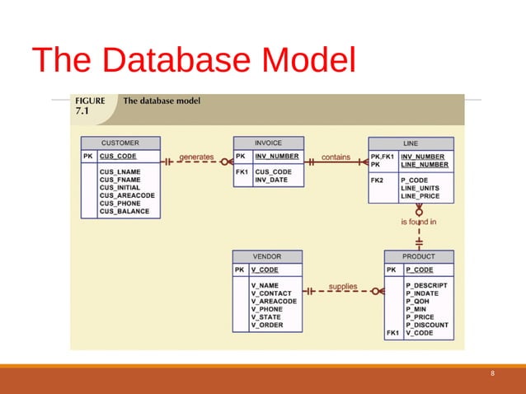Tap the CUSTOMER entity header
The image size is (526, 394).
click(x=120, y=143)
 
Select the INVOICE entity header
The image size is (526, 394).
click(x=268, y=143)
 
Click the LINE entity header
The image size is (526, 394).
click(x=410, y=143)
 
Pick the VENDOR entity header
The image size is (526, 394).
click(x=267, y=256)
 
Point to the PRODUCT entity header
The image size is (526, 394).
click(x=419, y=256)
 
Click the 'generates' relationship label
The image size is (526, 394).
click(x=196, y=156)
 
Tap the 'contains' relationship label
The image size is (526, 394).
click(x=336, y=156)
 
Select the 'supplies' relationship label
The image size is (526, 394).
click(x=343, y=287)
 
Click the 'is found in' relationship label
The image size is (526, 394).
click(x=419, y=222)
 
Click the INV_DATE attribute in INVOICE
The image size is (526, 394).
click(x=270, y=180)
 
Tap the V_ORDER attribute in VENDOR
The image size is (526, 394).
click(x=267, y=326)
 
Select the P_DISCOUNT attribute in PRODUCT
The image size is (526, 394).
click(x=426, y=325)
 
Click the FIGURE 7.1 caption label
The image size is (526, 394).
click(x=90, y=106)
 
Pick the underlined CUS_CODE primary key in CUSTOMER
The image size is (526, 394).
click(x=117, y=156)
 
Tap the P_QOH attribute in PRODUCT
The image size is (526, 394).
click(x=417, y=301)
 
